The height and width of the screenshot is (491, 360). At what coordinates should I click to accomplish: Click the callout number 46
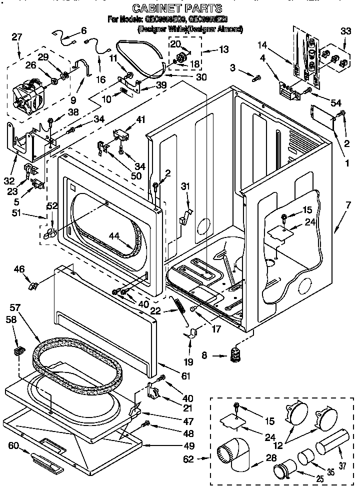pyautogui.click(x=19, y=269)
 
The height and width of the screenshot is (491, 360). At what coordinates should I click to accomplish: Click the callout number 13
pyautogui.click(x=223, y=49)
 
